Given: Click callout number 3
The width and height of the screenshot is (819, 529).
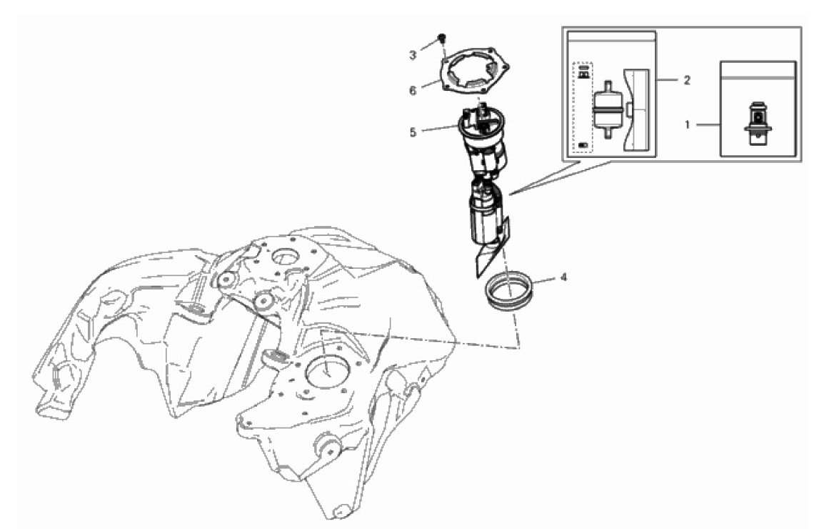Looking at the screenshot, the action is (x=413, y=55).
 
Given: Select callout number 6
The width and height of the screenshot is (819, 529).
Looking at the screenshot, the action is (x=413, y=91).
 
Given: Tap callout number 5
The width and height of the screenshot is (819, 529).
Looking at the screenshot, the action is (x=413, y=133).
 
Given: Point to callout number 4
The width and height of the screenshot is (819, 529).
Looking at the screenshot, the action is (x=563, y=277).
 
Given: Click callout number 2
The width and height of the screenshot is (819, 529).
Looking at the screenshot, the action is (x=687, y=80).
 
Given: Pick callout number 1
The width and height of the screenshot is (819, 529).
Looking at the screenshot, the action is (x=688, y=124).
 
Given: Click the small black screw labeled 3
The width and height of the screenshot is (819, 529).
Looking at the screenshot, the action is (x=443, y=38).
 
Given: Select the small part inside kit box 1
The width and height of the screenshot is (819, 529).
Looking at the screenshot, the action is (x=758, y=124).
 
